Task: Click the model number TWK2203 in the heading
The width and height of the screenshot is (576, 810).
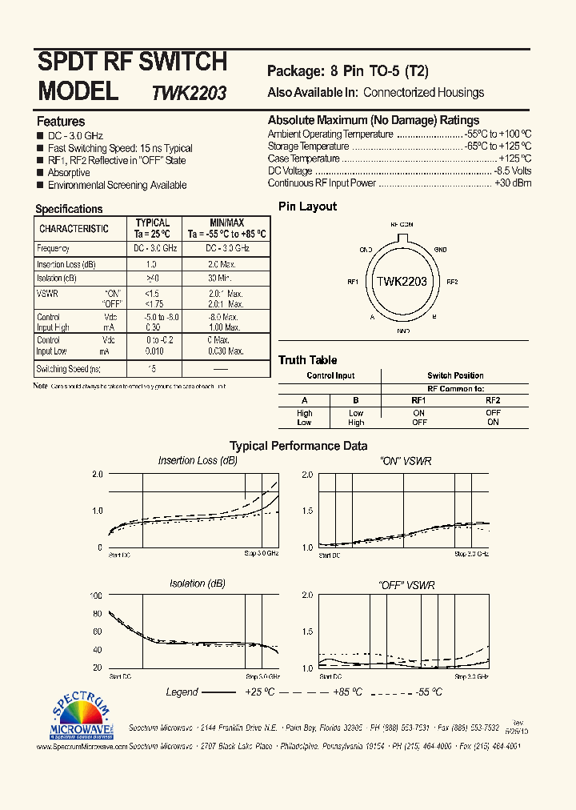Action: tap(189, 93)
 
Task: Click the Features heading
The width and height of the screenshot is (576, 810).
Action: tap(61, 122)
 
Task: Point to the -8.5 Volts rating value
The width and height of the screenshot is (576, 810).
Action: tap(512, 171)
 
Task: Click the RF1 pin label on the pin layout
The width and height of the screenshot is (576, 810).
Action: tap(352, 282)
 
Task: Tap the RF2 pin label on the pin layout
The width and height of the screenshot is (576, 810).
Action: tap(452, 282)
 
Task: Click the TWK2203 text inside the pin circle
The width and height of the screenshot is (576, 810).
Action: tap(402, 282)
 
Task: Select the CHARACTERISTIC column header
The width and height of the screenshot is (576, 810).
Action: tap(74, 229)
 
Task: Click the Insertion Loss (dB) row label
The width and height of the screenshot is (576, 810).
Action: tap(66, 264)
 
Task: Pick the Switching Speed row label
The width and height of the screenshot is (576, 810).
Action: tap(69, 369)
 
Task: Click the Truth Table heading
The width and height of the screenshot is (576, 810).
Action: tap(308, 360)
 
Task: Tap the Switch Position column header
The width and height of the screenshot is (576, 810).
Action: tap(455, 375)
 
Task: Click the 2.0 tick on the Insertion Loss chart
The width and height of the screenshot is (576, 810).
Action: tap(98, 475)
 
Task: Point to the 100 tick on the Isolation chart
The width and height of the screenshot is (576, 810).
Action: tap(96, 596)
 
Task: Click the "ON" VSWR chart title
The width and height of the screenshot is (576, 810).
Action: tap(405, 461)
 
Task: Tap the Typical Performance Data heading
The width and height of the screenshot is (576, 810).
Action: tap(298, 446)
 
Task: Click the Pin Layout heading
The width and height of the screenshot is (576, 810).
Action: tap(307, 207)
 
